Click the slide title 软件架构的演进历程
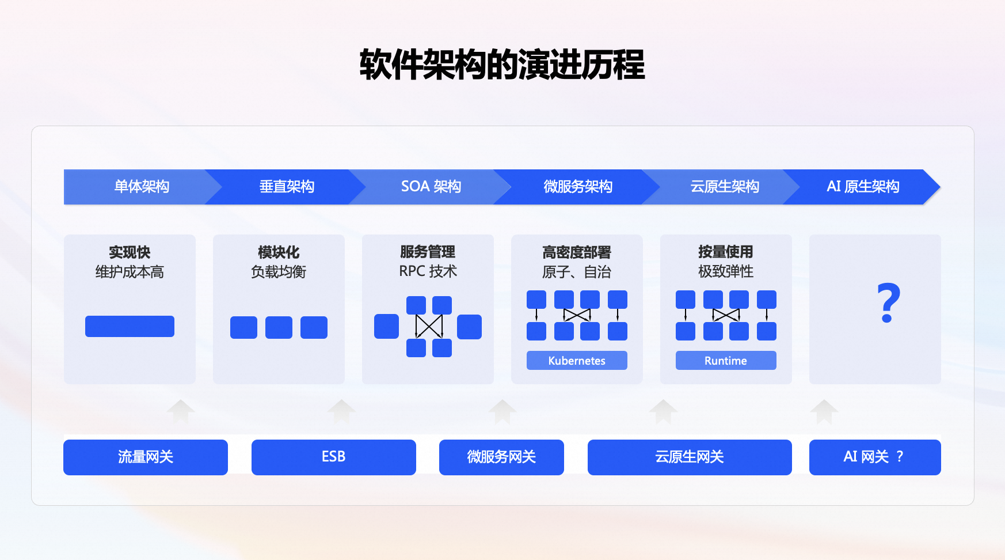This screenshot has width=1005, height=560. click(x=502, y=65)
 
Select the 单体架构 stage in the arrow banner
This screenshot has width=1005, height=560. click(x=142, y=187)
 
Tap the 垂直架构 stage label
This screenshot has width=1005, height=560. click(x=287, y=187)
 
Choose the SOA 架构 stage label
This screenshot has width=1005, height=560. click(x=431, y=187)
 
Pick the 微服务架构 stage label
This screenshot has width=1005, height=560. click(x=578, y=187)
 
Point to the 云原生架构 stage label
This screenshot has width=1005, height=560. click(x=725, y=187)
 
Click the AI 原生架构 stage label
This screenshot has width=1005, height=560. click(x=863, y=187)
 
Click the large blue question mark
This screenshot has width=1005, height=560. click(x=888, y=303)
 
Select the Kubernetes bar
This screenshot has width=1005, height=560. click(x=577, y=361)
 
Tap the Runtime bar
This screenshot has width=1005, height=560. click(x=726, y=361)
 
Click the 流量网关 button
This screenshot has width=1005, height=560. click(x=146, y=457)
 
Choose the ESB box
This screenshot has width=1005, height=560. click(x=333, y=457)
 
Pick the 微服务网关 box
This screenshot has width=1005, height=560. click(x=501, y=457)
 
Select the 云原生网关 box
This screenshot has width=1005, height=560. click(x=690, y=457)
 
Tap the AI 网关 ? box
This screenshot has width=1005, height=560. click(x=874, y=457)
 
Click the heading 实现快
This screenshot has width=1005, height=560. click(x=130, y=252)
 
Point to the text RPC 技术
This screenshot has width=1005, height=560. click(x=428, y=271)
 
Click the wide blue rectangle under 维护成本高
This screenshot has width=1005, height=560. click(x=130, y=326)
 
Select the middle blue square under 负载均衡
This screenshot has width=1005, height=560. click(x=279, y=327)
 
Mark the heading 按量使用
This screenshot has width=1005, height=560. click(x=726, y=252)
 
